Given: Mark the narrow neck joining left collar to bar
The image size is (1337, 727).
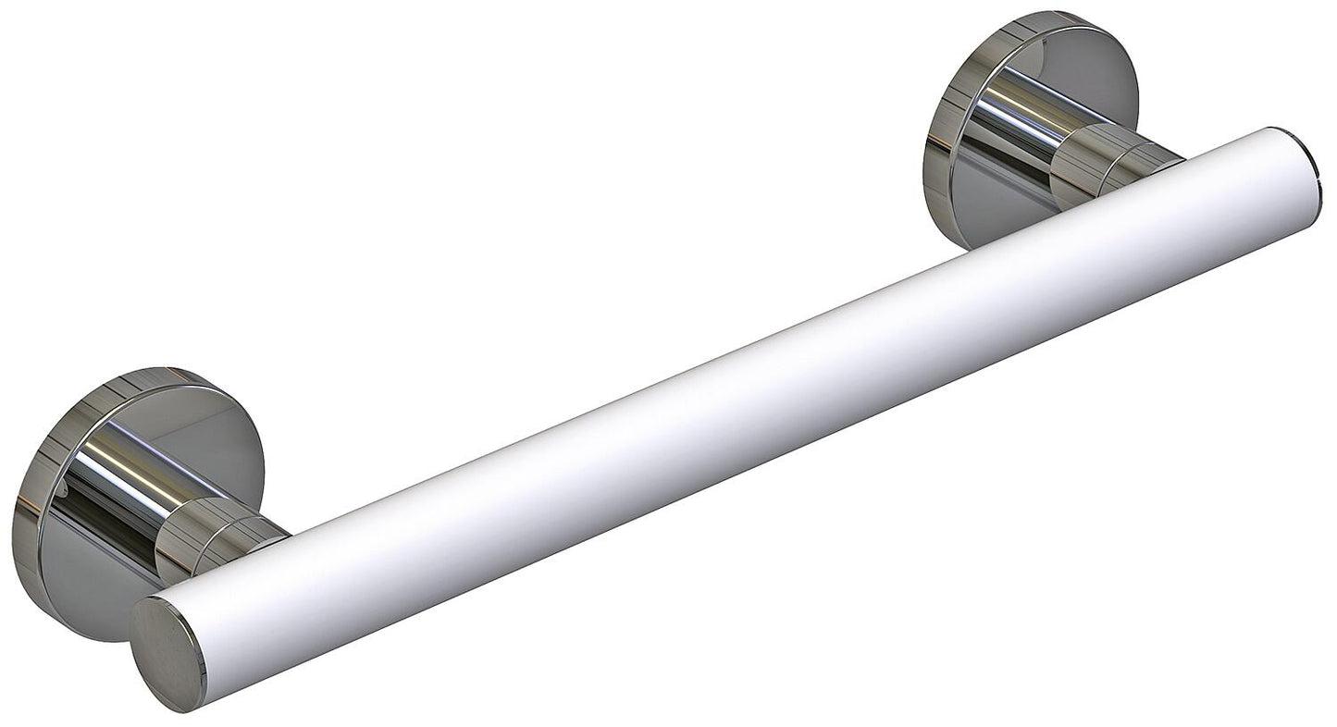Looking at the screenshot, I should [259, 536].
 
